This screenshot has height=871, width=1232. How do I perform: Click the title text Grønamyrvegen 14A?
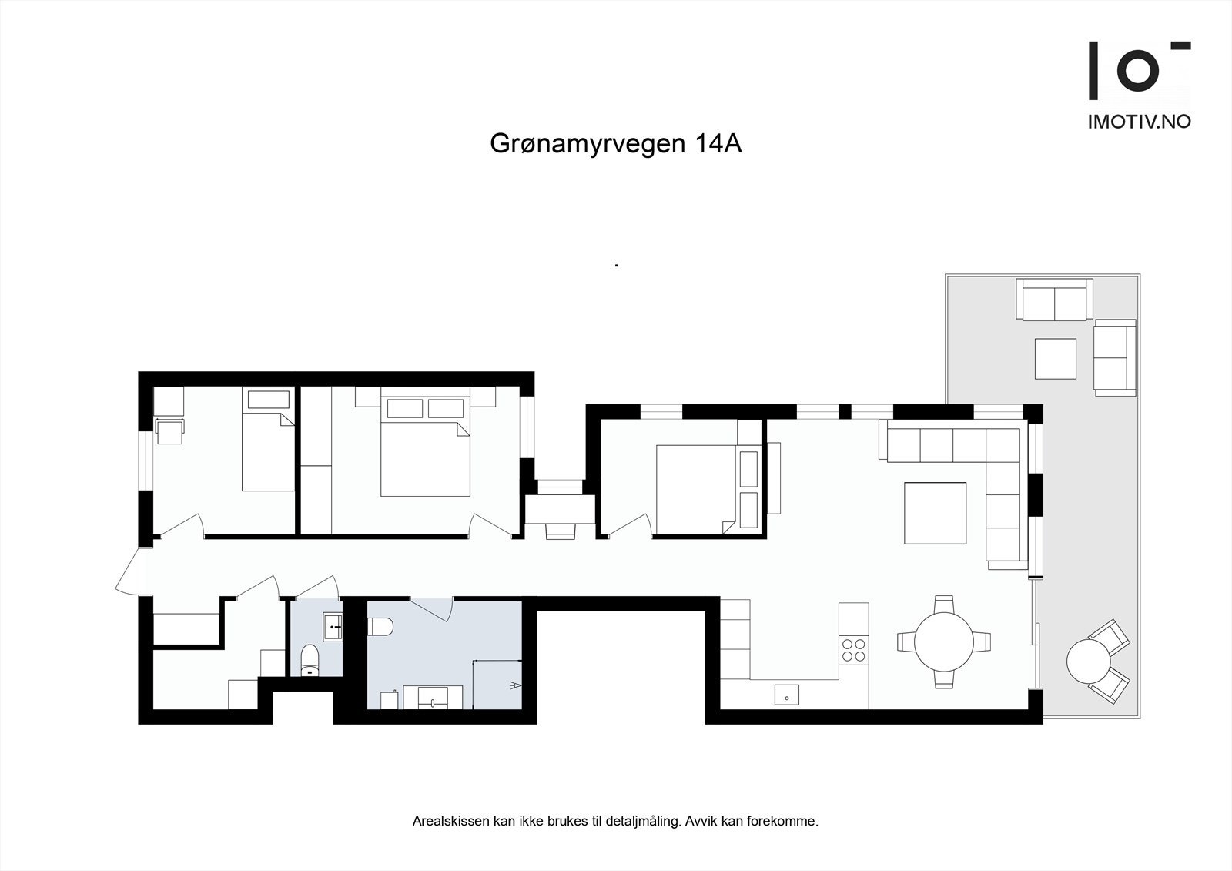pyautogui.click(x=615, y=144)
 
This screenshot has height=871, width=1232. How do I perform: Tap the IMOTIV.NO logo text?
pyautogui.click(x=1139, y=121)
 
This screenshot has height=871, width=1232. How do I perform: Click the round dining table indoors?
pyautogui.click(x=943, y=641)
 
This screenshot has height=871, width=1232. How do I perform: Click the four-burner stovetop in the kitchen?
pyautogui.click(x=852, y=649)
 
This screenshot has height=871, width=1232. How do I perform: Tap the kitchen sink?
pyautogui.click(x=787, y=695)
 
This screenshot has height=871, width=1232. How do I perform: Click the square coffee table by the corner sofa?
pyautogui.click(x=935, y=513)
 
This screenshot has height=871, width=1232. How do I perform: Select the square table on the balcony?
pyautogui.click(x=1055, y=359)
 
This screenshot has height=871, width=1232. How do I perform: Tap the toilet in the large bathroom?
pyautogui.click(x=381, y=627)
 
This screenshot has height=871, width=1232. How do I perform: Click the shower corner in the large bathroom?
pyautogui.click(x=497, y=685)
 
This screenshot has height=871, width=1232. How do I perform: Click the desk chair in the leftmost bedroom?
pyautogui.click(x=169, y=431)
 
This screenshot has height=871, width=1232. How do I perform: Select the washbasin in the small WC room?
pyautogui.click(x=333, y=626)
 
